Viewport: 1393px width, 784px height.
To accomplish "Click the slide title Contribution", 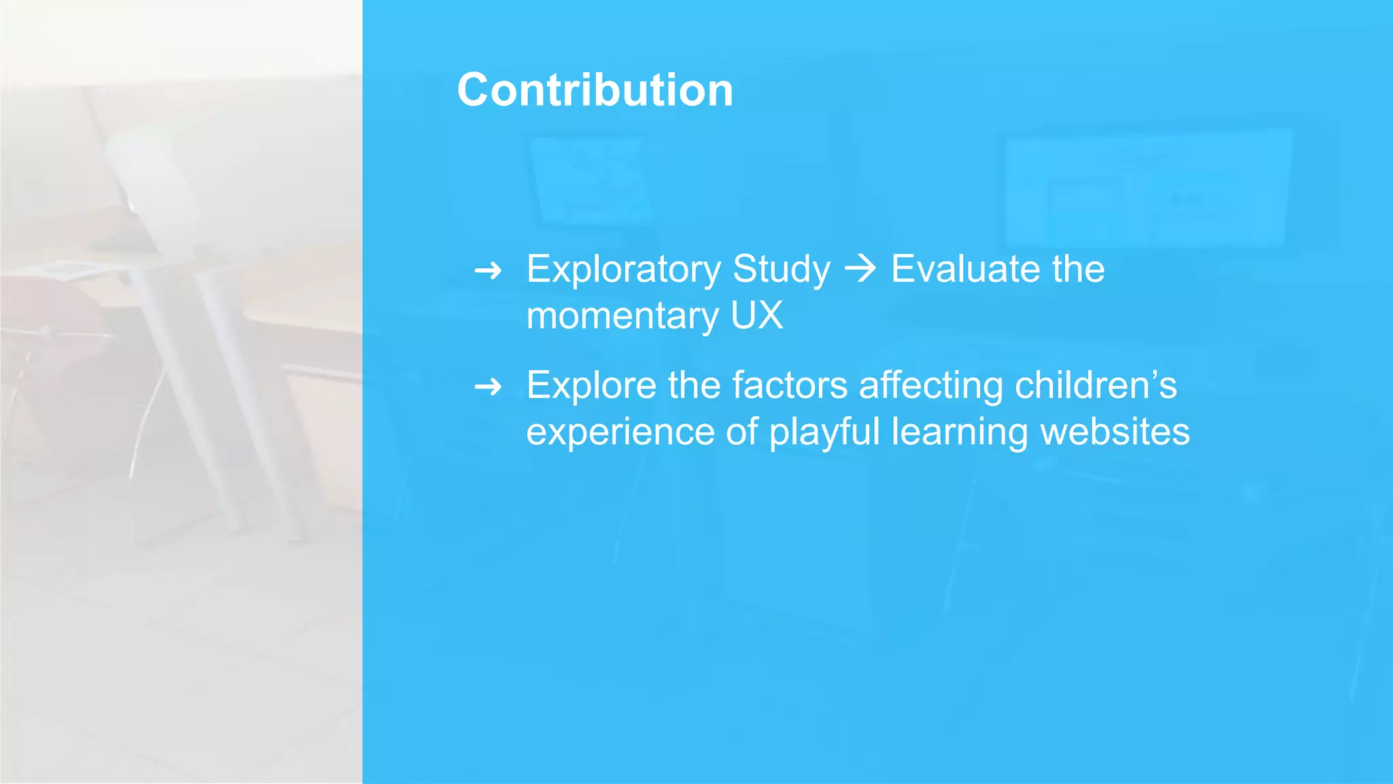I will click(595, 91).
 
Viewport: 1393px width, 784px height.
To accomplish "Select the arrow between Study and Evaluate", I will click(860, 269).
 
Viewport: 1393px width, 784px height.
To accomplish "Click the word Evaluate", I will click(967, 269).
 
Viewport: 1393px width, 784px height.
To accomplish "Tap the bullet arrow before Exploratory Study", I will click(488, 272).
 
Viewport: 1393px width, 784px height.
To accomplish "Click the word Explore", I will click(590, 386).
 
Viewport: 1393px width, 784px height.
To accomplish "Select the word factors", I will click(789, 385).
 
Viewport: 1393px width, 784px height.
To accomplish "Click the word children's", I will click(1095, 385).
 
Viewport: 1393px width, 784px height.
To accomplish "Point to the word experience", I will click(620, 433).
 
